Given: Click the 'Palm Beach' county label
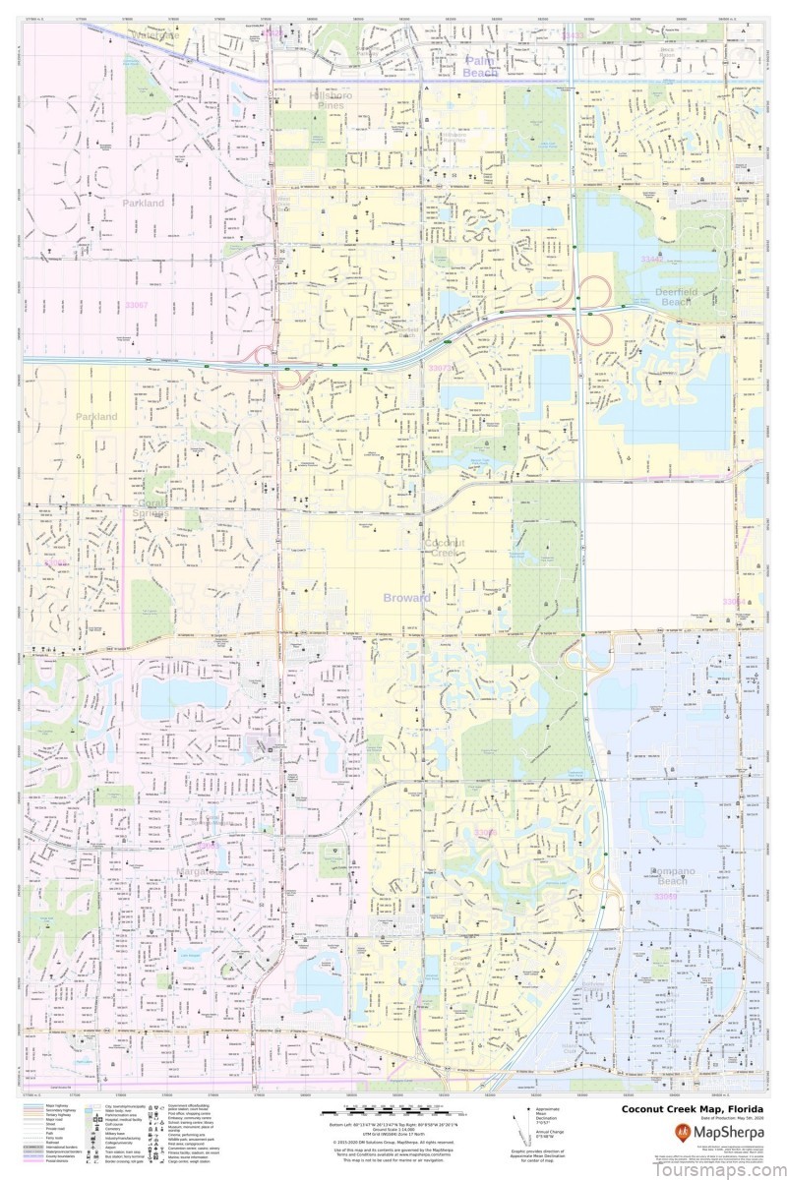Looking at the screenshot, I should (482, 66).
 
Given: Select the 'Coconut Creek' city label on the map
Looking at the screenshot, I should (441, 547).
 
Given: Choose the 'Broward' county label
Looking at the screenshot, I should (407, 597).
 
